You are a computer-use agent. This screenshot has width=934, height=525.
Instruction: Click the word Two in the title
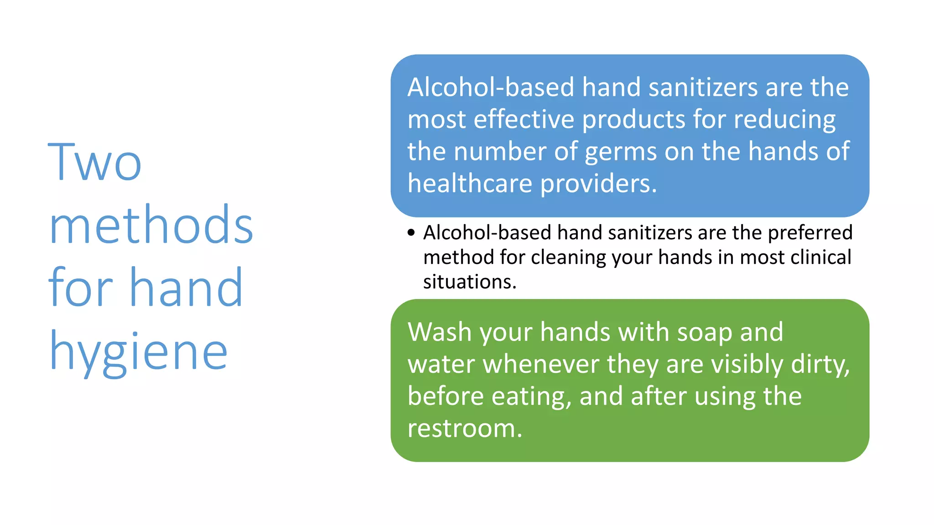[x=95, y=162]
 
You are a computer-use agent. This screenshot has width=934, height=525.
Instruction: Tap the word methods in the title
[x=151, y=225]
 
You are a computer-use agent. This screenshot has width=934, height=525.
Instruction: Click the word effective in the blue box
[x=524, y=119]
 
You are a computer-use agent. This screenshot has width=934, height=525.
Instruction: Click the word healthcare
[x=470, y=183]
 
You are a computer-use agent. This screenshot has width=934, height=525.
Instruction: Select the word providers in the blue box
[x=598, y=184]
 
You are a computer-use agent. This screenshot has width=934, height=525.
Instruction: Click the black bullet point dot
[x=411, y=233]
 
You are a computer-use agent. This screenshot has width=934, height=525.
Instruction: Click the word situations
[x=470, y=282]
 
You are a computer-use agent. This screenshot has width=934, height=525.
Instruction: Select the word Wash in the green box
[x=440, y=332]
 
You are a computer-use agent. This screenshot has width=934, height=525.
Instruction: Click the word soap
[x=705, y=333]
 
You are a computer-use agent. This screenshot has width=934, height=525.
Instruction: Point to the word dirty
[x=820, y=365]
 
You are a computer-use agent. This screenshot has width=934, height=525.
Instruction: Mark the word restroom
[x=464, y=428]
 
